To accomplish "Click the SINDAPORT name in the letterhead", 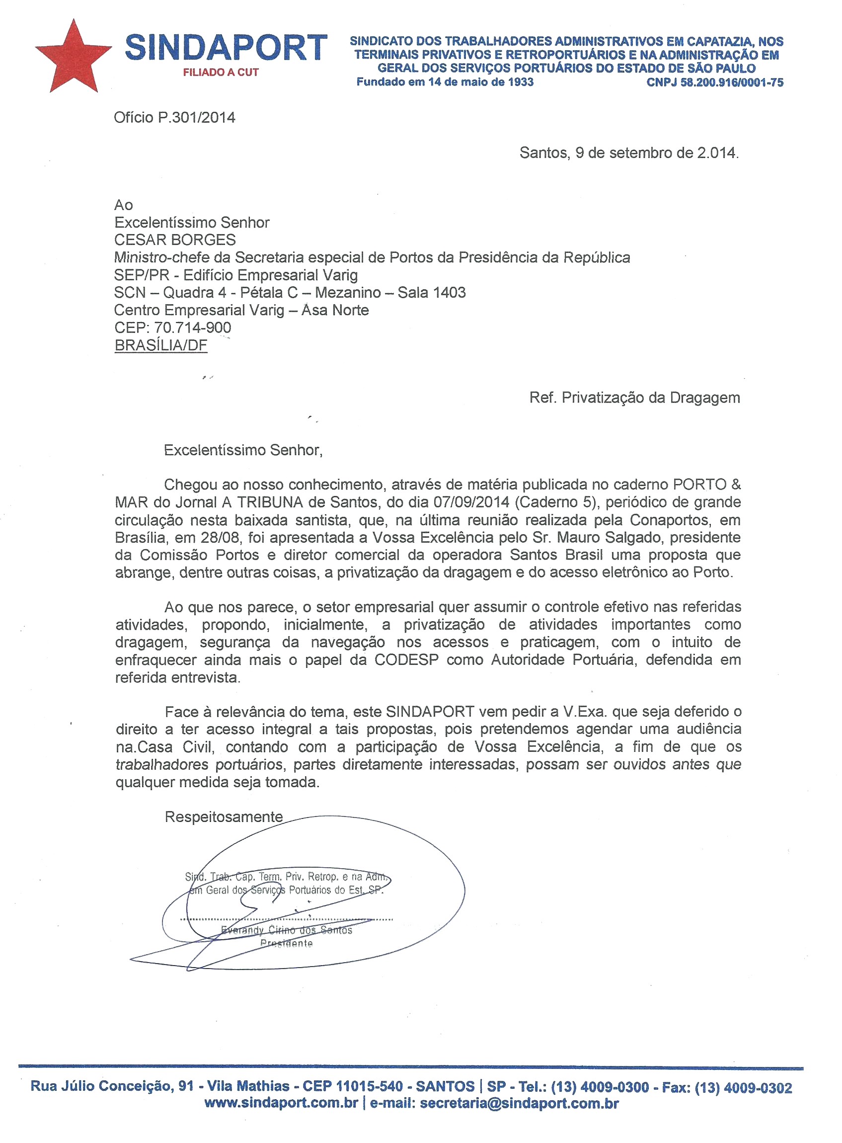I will tap(226, 48).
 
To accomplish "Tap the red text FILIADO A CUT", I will tap(221, 73).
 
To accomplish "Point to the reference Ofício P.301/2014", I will tap(174, 118).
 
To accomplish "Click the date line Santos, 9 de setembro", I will tap(628, 153).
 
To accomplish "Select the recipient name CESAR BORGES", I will tap(175, 240).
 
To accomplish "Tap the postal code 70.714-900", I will tap(192, 327).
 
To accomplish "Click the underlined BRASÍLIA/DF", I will tap(160, 345).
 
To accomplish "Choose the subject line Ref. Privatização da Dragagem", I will tap(634, 398).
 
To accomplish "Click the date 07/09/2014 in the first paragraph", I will tap(471, 502).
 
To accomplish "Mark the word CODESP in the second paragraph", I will tap(406, 659).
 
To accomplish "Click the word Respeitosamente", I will tap(223, 816).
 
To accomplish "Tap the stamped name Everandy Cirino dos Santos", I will tap(287, 930).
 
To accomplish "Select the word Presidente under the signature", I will tap(287, 943).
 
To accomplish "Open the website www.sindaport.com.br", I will tap(281, 1103).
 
